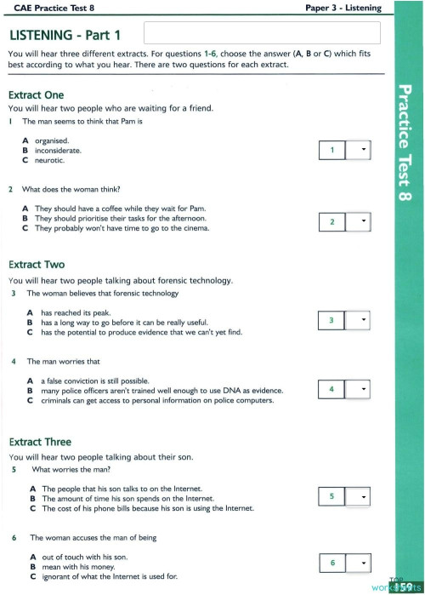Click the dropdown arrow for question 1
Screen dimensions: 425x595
[364, 151]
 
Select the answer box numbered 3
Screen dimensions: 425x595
[331, 320]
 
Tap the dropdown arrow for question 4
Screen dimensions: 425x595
[364, 390]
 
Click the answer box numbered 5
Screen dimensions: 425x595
[331, 495]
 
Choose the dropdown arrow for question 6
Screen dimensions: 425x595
[364, 563]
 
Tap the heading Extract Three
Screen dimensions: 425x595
[39, 442]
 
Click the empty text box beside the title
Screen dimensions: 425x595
[262, 33]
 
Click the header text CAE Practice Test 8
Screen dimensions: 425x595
[45, 8]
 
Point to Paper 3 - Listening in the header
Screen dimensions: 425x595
[343, 8]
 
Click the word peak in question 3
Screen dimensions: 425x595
[95, 312]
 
